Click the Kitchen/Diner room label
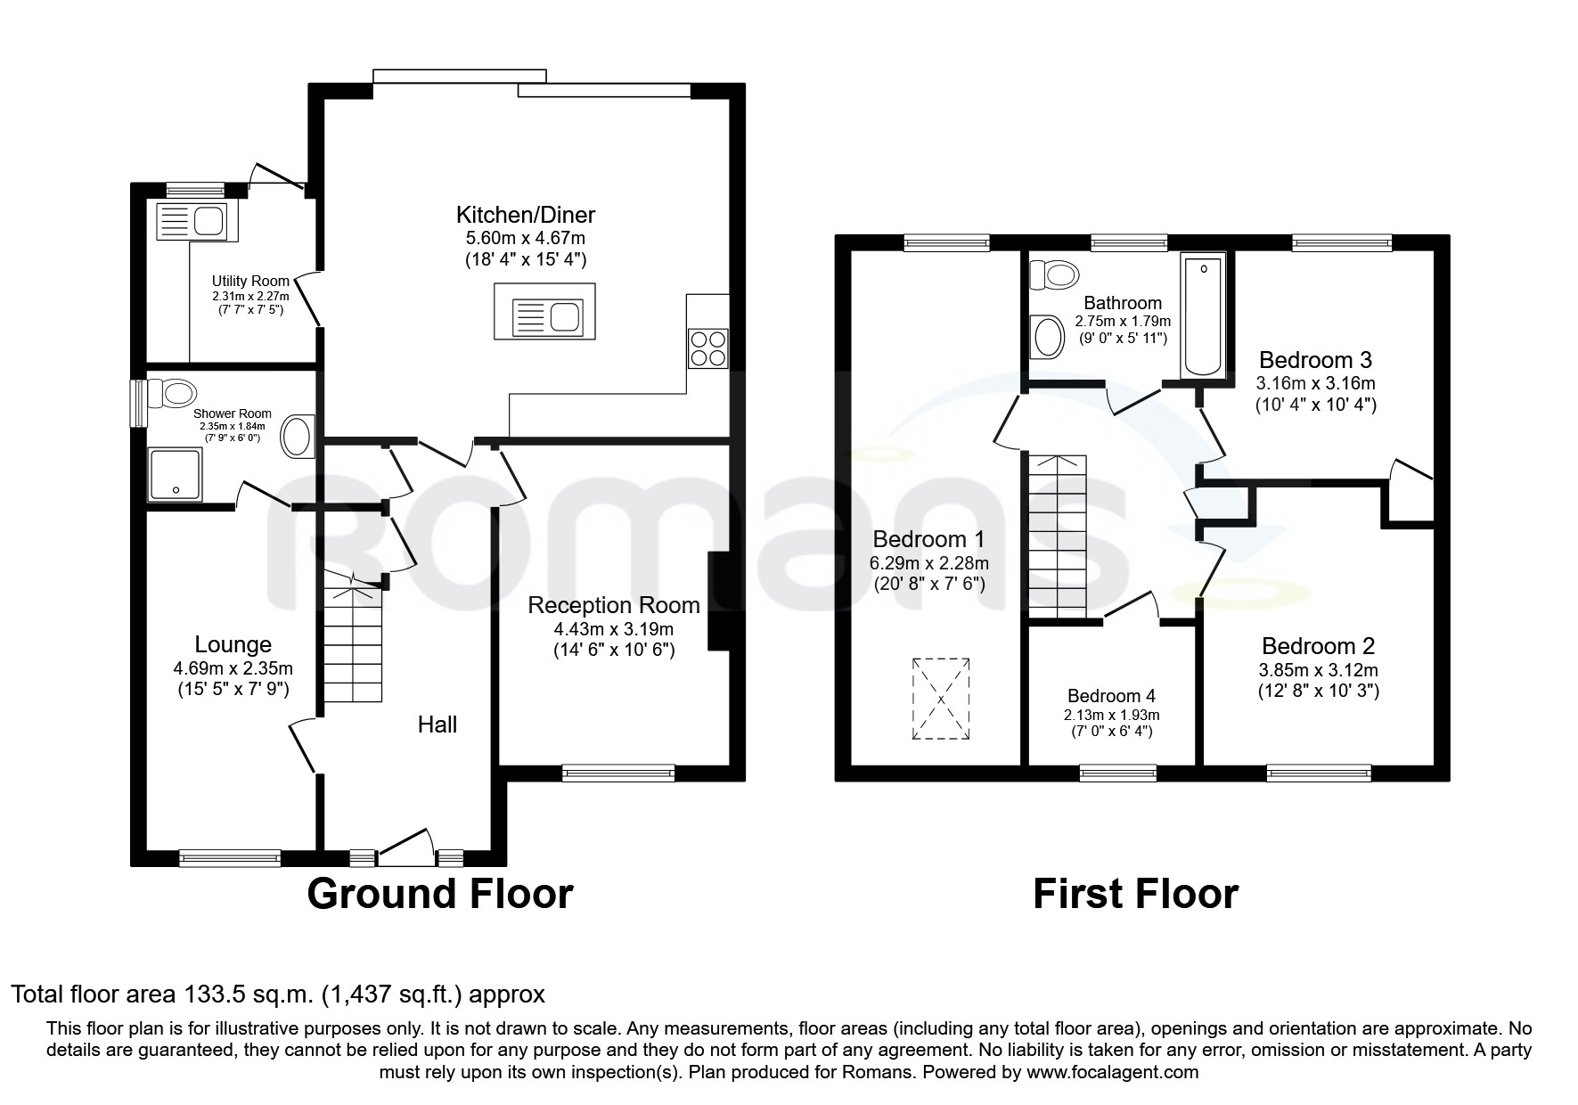[x=525, y=215]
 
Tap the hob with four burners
[x=708, y=348]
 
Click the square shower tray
[x=175, y=473]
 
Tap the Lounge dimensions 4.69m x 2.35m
[x=233, y=668]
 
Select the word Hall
[x=437, y=724]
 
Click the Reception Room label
[x=613, y=606]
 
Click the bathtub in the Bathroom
[x=1202, y=315]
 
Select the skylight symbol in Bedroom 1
[x=940, y=699]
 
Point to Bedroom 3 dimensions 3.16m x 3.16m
[x=1315, y=384]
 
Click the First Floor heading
[x=1134, y=894]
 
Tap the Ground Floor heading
[x=439, y=894]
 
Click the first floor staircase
[x=1057, y=535]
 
